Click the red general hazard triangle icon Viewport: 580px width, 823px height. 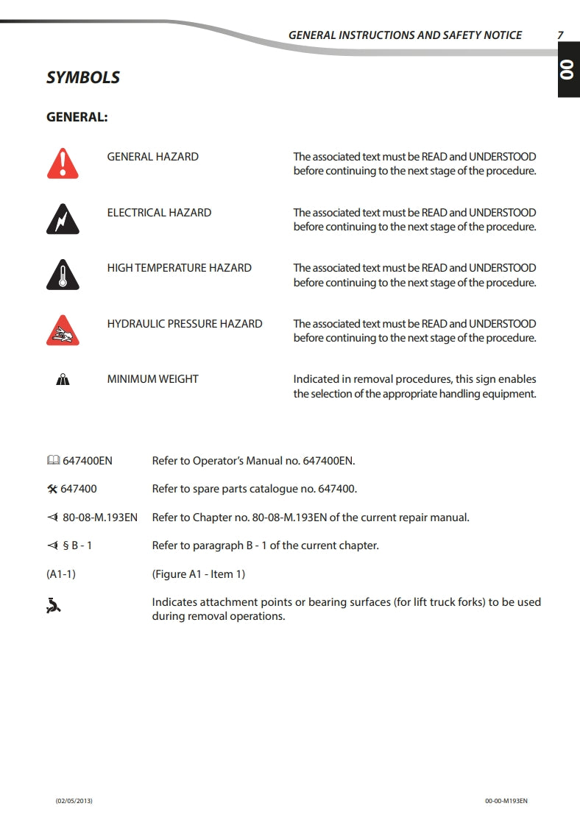pos(63,163)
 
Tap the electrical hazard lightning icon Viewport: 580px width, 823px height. pos(63,219)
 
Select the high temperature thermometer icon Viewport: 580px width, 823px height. pos(63,275)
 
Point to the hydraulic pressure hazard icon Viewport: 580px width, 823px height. pos(63,331)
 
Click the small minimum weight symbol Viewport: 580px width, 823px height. pos(63,380)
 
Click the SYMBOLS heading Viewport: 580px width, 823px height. pos(83,77)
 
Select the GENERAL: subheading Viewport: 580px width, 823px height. pos(77,117)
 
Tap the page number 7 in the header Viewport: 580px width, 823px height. pos(560,35)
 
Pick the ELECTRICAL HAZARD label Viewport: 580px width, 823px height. pos(159,213)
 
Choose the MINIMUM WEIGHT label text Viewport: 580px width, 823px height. pos(152,379)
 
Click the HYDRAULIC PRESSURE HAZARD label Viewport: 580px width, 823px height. pos(185,324)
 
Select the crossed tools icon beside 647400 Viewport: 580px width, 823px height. pos(52,489)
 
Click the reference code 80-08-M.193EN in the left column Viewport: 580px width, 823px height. pos(99,518)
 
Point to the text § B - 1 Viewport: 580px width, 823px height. pos(77,546)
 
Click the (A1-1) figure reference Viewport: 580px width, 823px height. pos(60,574)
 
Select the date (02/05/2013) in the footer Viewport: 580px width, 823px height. pos(74,800)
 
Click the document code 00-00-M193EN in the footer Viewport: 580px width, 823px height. pos(506,800)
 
